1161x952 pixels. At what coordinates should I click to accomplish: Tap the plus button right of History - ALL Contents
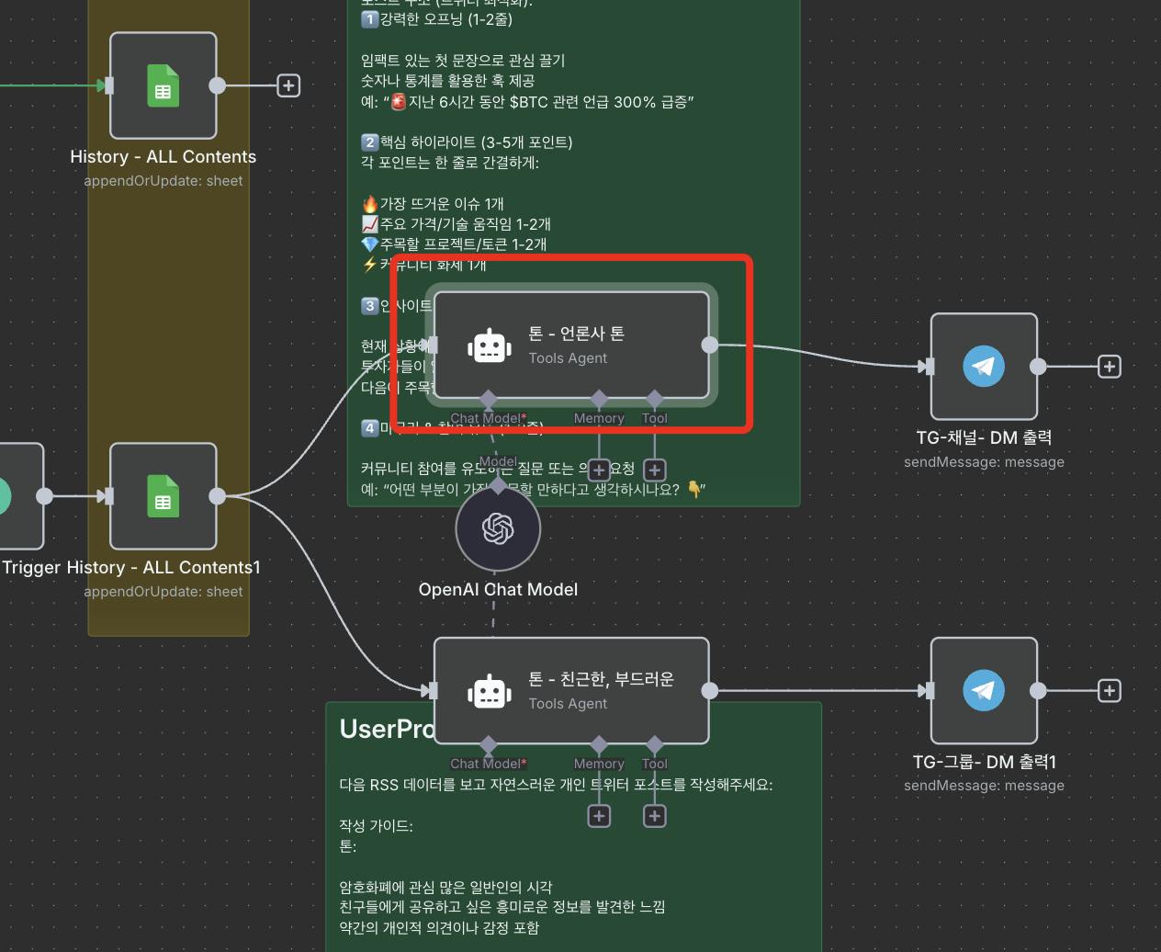click(288, 85)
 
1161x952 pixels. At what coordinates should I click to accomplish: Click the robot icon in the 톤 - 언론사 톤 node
click(490, 346)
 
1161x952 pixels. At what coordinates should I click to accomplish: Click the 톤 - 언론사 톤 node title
click(576, 334)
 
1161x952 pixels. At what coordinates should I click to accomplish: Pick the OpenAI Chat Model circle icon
click(498, 528)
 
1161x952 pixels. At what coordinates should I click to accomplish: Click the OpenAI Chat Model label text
click(498, 590)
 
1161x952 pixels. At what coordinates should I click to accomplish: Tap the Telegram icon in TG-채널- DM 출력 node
click(983, 367)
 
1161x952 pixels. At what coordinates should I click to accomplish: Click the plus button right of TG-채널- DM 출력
click(1110, 367)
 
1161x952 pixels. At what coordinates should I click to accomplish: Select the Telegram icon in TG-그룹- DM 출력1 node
click(983, 690)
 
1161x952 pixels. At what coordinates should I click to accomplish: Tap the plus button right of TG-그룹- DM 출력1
click(1110, 690)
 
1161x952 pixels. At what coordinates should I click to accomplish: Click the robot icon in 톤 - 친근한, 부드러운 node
click(490, 691)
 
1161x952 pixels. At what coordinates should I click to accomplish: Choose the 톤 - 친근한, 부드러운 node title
click(601, 679)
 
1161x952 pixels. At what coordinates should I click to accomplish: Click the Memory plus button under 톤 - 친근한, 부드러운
click(599, 816)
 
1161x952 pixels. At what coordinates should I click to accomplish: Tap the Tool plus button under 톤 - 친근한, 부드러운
click(654, 816)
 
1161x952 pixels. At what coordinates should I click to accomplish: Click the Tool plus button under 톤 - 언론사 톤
click(654, 470)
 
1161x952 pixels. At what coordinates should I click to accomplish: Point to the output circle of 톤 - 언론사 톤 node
click(710, 345)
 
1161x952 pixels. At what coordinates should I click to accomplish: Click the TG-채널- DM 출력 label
click(984, 438)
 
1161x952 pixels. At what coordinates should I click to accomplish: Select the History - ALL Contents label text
click(163, 157)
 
